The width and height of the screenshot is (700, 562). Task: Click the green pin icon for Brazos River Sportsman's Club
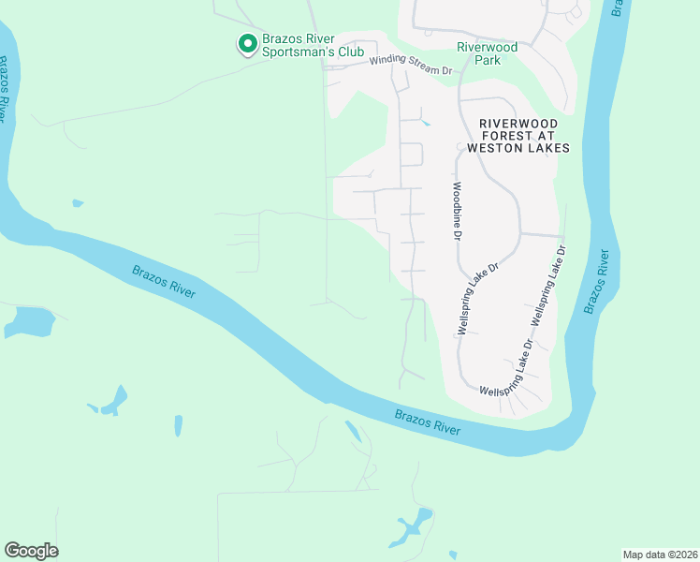click(247, 43)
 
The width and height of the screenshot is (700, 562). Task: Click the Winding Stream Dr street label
click(410, 65)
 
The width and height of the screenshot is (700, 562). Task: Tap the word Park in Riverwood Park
click(487, 60)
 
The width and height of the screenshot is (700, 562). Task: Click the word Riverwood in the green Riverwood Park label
click(487, 47)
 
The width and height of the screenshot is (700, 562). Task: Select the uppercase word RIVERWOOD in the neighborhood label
click(518, 124)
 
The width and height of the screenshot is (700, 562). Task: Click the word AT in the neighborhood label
click(546, 136)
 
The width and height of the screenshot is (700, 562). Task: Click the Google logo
click(31, 551)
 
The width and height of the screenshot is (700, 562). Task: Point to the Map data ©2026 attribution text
click(659, 554)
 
